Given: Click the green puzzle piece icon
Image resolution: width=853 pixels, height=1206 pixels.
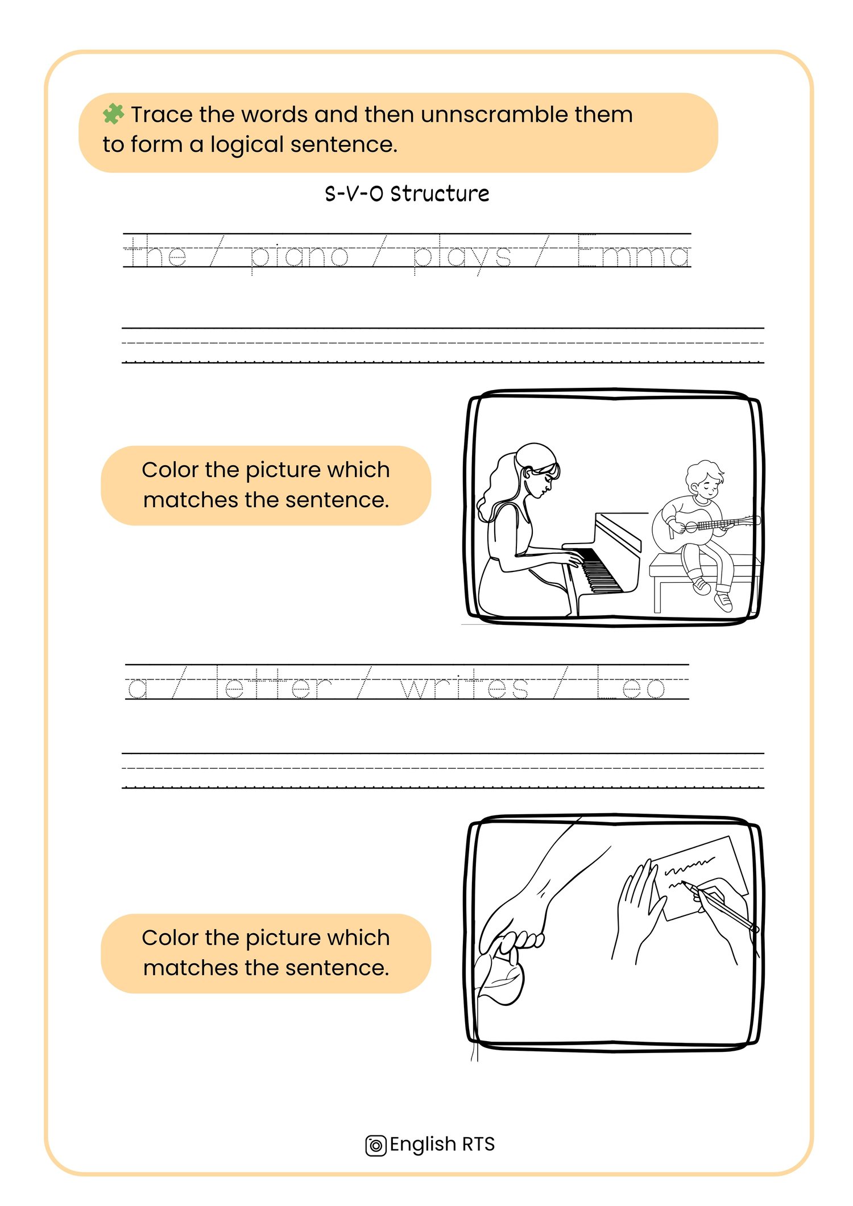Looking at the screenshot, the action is click(113, 114).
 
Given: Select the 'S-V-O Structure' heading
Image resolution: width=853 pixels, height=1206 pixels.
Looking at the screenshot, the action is click(407, 194).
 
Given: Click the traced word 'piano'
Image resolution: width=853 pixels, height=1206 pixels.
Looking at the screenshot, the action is click(299, 255).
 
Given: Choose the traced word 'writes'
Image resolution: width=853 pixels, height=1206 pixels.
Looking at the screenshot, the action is click(464, 683).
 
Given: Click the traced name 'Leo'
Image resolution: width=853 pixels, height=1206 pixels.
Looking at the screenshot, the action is click(630, 682).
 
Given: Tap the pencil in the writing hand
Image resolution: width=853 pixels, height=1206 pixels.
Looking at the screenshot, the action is click(720, 905).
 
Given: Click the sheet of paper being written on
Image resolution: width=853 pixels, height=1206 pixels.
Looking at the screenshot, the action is click(699, 877).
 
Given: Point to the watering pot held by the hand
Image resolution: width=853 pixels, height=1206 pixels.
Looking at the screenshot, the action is click(500, 974).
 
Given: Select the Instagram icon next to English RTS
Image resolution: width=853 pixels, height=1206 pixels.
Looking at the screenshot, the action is click(375, 1146).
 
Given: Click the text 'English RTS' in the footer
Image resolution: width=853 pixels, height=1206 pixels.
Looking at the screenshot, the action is click(442, 1144).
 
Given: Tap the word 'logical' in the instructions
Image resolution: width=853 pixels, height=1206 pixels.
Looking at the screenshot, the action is click(247, 145).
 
